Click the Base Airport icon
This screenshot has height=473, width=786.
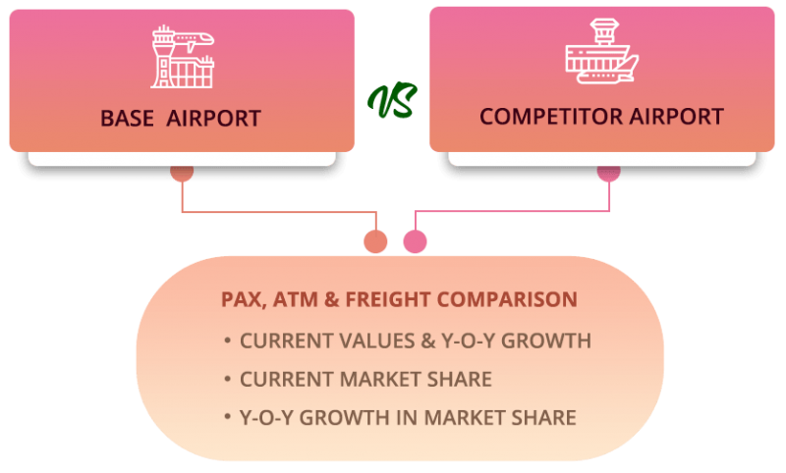[x=182, y=59]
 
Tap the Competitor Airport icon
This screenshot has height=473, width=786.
[x=601, y=57]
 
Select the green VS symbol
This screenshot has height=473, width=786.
[x=392, y=101]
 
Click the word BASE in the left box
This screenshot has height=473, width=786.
[x=128, y=119]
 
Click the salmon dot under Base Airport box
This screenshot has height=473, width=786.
[x=182, y=173]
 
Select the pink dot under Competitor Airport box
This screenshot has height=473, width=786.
[x=609, y=173]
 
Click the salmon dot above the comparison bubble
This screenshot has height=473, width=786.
[x=375, y=241]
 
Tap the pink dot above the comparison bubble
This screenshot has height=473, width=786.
[x=415, y=241]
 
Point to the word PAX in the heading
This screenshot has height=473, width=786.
[x=242, y=299]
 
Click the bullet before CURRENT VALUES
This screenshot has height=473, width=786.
[x=227, y=342]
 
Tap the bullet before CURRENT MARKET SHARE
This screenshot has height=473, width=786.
[x=227, y=379]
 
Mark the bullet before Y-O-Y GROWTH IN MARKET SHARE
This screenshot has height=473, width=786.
[x=227, y=417]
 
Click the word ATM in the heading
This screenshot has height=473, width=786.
[x=294, y=299]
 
